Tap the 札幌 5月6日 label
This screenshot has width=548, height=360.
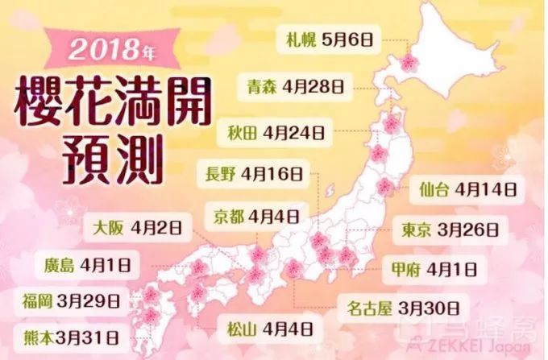(326, 37)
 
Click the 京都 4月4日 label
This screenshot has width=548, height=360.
(255, 216)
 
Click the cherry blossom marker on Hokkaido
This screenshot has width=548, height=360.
(409, 60)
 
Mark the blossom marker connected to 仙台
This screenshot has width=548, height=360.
(385, 186)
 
